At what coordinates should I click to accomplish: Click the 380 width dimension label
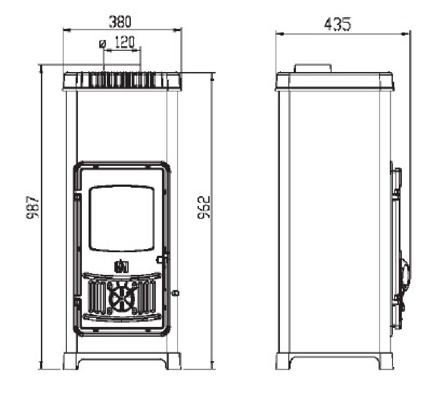[x=120, y=22]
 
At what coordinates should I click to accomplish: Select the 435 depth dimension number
[x=337, y=24]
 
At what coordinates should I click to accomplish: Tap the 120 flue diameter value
[x=125, y=43]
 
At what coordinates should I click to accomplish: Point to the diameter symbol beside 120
[x=102, y=44]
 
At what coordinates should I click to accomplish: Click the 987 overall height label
[x=32, y=207]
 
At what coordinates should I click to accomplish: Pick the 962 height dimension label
[x=203, y=207]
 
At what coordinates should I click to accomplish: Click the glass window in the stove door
[x=121, y=218]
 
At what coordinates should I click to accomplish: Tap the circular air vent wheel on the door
[x=121, y=298]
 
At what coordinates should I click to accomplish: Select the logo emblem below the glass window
[x=121, y=266]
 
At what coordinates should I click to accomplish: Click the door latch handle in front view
[x=162, y=259]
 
